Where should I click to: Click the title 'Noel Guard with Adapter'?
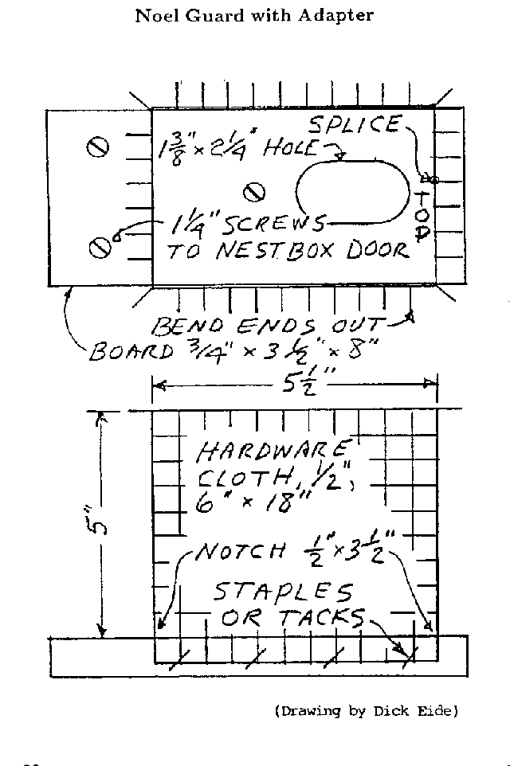(254, 15)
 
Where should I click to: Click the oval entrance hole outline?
(351, 191)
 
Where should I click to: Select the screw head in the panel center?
(254, 191)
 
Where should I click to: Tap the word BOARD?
(127, 351)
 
